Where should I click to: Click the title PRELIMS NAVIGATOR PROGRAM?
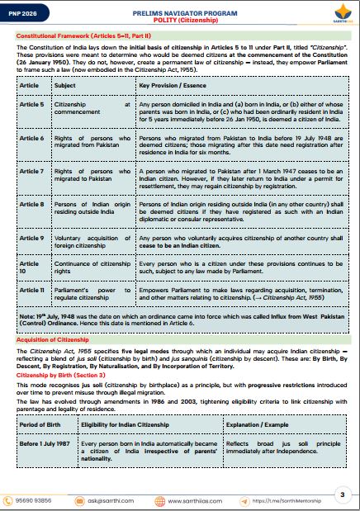coord(180,9)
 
